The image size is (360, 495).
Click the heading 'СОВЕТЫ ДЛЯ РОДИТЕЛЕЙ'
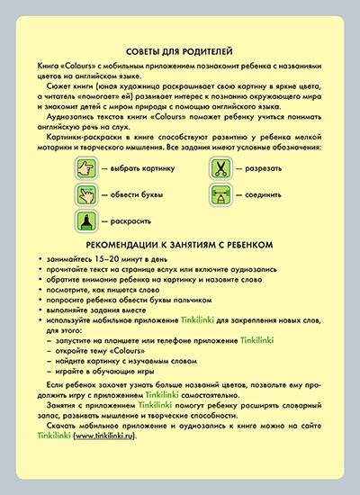[x=180, y=51]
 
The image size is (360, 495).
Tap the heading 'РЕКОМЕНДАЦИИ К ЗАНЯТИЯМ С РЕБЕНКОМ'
[x=180, y=244]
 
